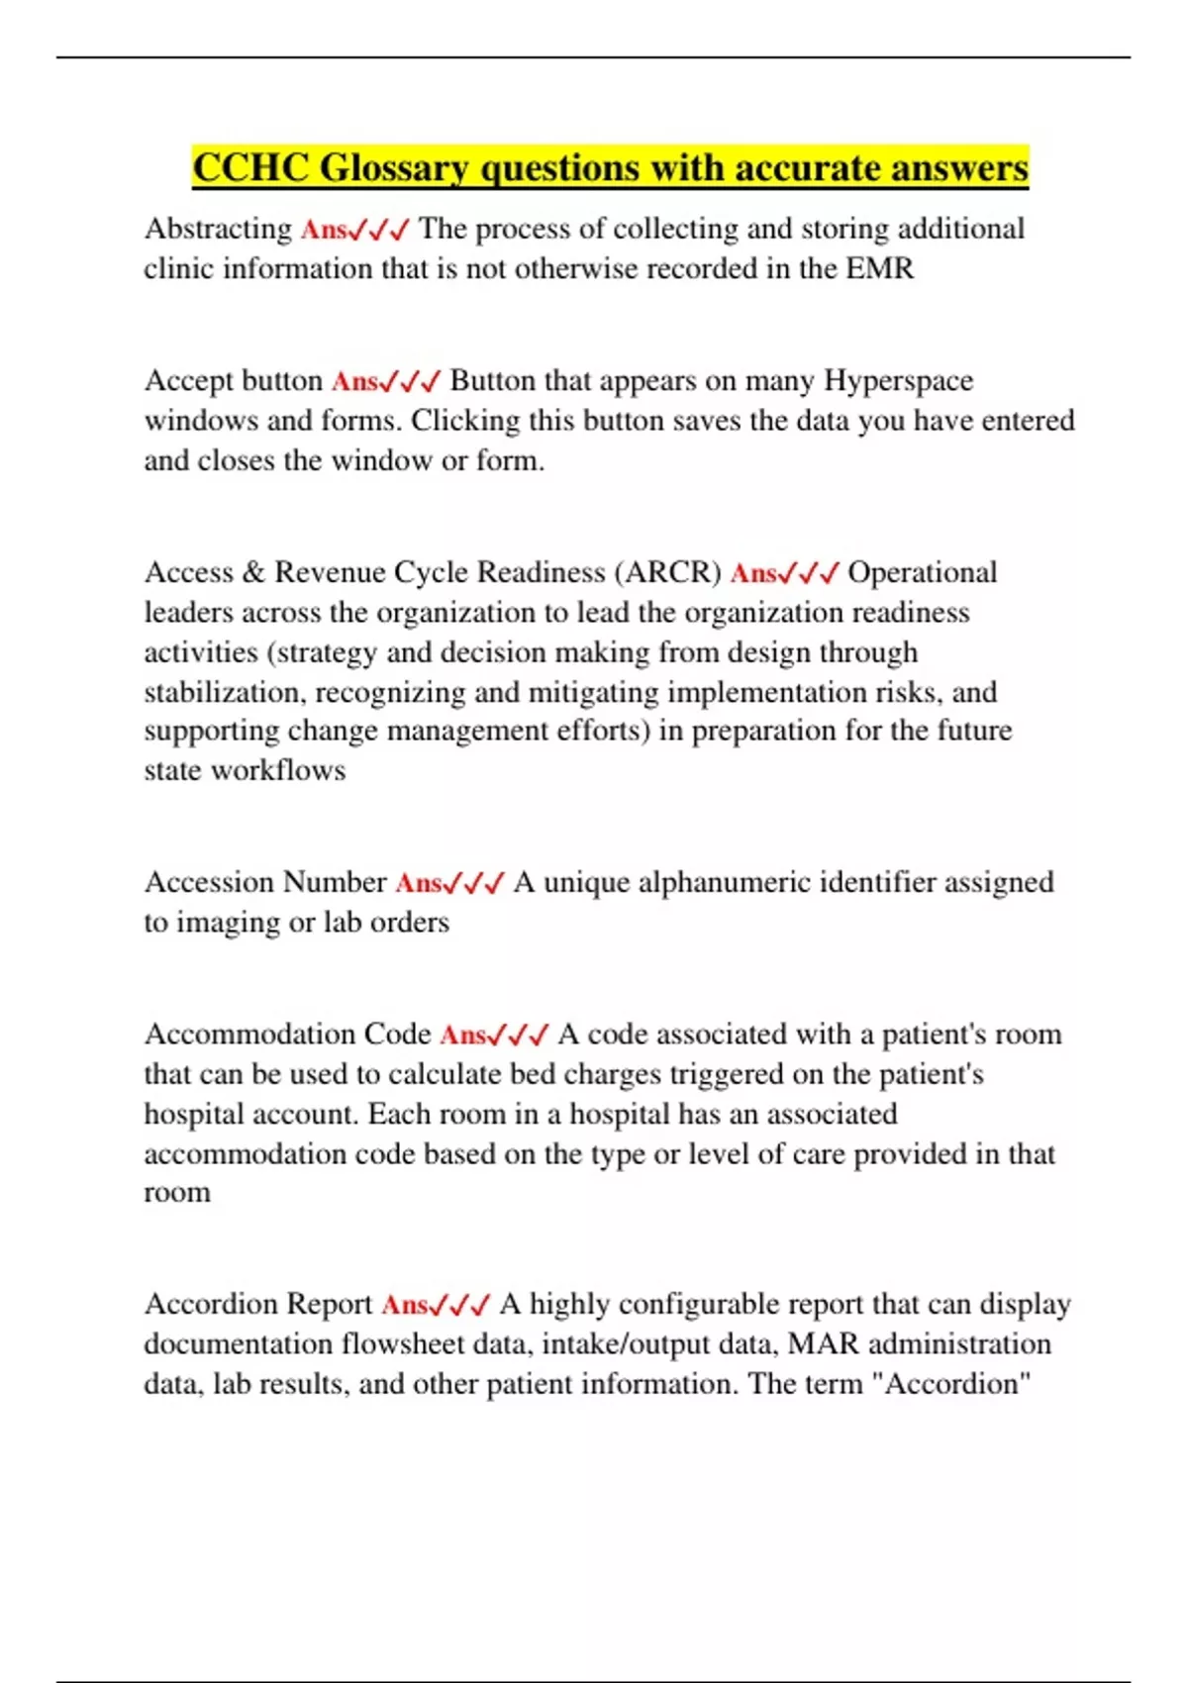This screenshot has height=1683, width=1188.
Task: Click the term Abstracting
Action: (x=218, y=229)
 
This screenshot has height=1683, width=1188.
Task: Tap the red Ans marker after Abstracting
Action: (x=324, y=230)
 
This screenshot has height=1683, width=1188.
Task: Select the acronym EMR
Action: (x=880, y=268)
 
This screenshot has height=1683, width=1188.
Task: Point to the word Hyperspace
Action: (x=898, y=380)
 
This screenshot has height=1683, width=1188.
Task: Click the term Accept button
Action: (x=234, y=380)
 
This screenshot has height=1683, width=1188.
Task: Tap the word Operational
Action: (x=922, y=572)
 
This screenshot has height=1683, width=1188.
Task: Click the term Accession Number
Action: (x=265, y=882)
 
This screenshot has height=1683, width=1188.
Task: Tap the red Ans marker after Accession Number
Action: (x=419, y=883)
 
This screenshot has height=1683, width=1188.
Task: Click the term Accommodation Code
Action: (x=288, y=1034)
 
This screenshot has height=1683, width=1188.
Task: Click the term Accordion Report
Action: (x=258, y=1304)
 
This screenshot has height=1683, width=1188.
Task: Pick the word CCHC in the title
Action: (x=250, y=168)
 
